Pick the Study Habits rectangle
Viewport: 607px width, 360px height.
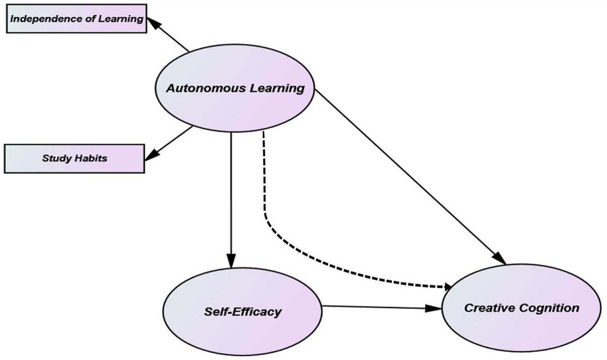[x=74, y=159]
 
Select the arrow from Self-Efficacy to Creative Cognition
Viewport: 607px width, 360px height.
[x=379, y=306]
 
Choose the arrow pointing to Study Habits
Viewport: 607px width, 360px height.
[x=169, y=142]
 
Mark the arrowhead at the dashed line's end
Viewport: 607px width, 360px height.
[x=448, y=287]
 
